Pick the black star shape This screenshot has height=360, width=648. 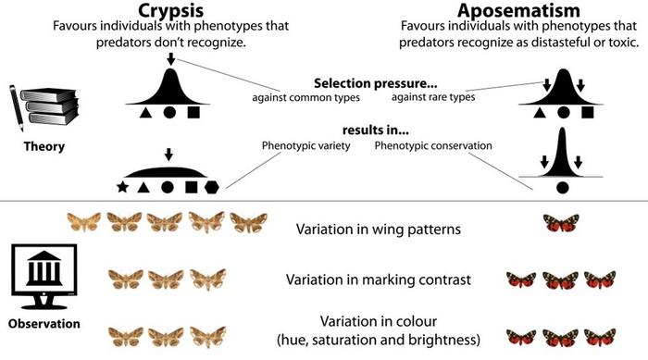click(122, 188)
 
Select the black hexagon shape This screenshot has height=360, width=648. click(212, 188)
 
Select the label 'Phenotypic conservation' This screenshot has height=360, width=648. click(432, 145)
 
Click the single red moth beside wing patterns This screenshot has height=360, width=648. click(560, 223)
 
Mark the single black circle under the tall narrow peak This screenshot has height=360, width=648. click(561, 189)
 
